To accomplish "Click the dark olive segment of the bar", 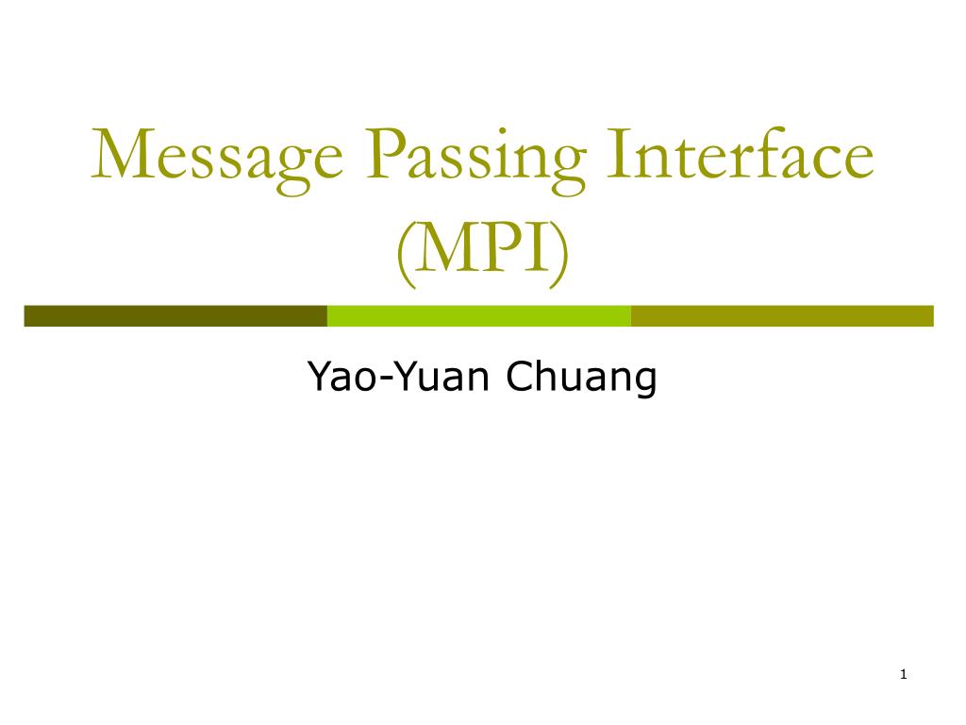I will (175, 315).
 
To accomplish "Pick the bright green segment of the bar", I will (478, 315).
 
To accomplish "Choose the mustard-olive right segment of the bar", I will (781, 315).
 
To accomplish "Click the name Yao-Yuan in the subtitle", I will (401, 378).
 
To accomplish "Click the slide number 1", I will (903, 674).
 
